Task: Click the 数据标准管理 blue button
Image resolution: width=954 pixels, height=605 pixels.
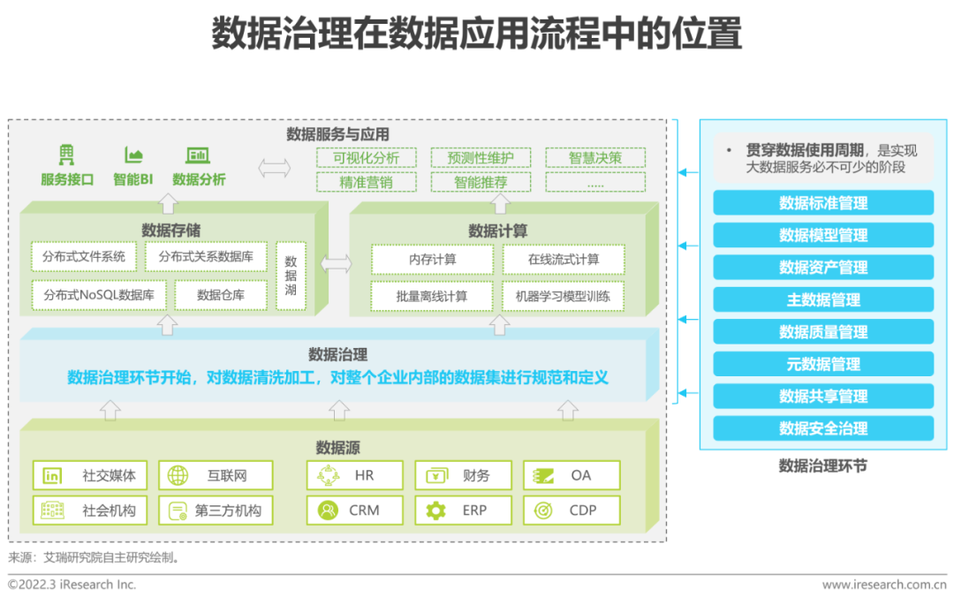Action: coord(823,203)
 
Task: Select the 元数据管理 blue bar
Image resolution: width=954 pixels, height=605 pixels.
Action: coord(823,364)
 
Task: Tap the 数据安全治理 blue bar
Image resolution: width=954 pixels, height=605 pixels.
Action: coord(823,428)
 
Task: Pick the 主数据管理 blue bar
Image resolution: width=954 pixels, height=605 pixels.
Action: coord(823,299)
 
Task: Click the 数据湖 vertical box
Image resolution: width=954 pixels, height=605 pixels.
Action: coord(291,276)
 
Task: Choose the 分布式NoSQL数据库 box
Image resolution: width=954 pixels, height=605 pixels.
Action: coord(99,295)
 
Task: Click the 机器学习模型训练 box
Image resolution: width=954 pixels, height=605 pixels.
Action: coord(563,296)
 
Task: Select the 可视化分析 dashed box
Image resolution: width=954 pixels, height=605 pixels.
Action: coord(366,158)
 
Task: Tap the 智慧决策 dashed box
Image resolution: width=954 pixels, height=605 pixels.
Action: coord(594,158)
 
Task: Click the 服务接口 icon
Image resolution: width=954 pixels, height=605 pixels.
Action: coord(67,156)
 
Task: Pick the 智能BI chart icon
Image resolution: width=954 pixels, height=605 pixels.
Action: coord(133,156)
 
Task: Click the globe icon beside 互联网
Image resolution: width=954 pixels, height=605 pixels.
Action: coord(178,475)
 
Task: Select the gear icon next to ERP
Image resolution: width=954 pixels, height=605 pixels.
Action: coord(435,510)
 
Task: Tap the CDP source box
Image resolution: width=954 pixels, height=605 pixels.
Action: coord(572,510)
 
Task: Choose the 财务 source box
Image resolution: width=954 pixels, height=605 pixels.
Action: coord(464,475)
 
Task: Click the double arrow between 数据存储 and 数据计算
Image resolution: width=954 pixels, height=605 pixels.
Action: coord(336,263)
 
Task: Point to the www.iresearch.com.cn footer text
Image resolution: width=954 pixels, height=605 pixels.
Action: coord(883,585)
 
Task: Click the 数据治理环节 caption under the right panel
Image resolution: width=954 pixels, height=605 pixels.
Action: coord(822,465)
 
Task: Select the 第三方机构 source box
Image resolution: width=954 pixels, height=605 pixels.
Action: coord(216,510)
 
